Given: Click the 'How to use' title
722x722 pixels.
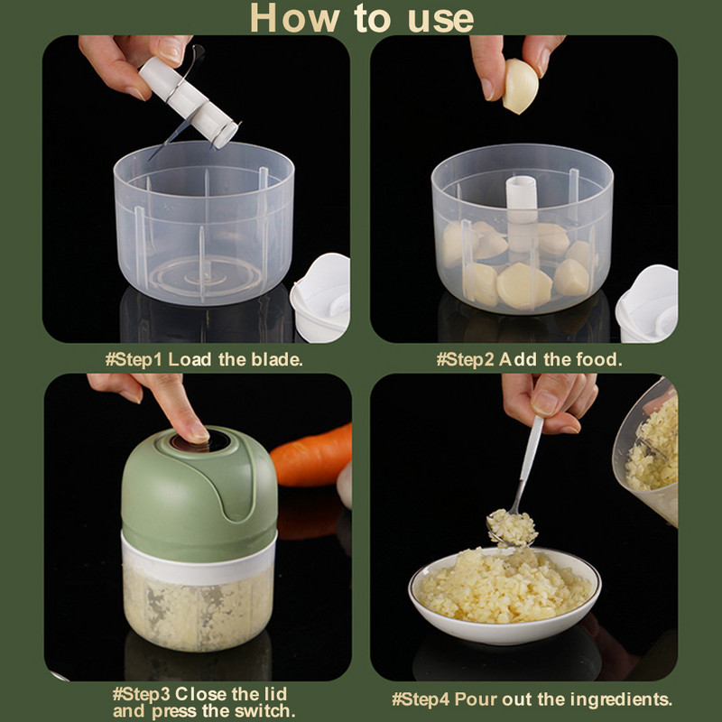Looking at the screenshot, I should [x=361, y=18].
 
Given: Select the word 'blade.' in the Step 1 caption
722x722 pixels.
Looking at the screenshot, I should [x=275, y=359].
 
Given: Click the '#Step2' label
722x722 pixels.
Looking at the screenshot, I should [x=466, y=359].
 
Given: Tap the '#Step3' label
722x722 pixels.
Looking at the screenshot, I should [x=143, y=694].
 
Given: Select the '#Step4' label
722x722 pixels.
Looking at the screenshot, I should [x=421, y=699].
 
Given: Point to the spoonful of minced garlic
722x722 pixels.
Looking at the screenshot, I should [x=511, y=526].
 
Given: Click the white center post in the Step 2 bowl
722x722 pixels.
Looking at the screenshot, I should [x=521, y=208].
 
